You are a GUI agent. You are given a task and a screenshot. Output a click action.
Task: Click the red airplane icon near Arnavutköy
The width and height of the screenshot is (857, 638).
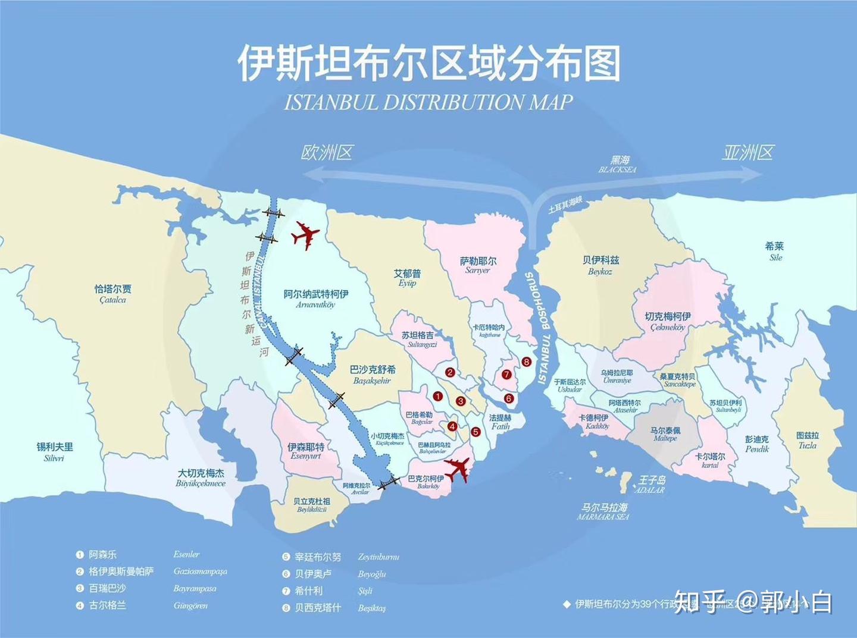[x=305, y=235]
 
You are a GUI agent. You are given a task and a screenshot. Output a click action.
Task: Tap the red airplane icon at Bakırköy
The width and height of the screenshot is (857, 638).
[x=456, y=470]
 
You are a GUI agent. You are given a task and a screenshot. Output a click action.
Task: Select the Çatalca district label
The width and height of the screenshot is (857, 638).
[x=113, y=294]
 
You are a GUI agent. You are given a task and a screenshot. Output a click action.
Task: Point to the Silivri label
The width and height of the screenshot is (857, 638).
[x=55, y=452]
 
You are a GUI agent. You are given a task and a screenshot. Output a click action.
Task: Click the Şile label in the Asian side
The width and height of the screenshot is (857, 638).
[x=775, y=252]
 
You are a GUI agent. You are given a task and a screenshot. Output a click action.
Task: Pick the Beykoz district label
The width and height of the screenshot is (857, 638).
[x=600, y=265]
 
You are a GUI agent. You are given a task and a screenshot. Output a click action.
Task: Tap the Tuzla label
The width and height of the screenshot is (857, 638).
[x=808, y=440]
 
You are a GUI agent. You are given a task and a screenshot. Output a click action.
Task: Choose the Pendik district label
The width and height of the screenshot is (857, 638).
[x=757, y=444]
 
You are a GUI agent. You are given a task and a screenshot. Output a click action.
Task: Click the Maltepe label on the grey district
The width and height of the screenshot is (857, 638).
[x=665, y=434]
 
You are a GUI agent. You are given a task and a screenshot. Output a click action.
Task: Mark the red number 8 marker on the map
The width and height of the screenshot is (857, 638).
[x=526, y=362]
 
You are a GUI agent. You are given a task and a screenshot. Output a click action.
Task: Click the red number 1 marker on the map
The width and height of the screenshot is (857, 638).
[x=438, y=396]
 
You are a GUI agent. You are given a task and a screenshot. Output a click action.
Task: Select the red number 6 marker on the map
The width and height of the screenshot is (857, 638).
[x=508, y=398]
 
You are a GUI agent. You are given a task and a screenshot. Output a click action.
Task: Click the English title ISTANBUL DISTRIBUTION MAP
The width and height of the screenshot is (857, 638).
[x=428, y=102]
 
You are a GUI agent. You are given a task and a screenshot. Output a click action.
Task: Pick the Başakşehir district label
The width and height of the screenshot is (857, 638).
[x=373, y=375]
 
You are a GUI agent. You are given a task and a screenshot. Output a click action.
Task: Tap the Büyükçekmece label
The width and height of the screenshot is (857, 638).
[x=201, y=478]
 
